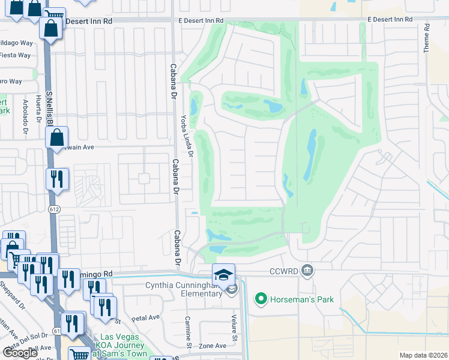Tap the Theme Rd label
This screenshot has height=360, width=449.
click(x=427, y=38)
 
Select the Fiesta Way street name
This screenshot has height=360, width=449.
click(x=16, y=55)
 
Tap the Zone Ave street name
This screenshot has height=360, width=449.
click(x=212, y=346)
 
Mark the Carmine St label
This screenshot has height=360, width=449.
click(x=188, y=332)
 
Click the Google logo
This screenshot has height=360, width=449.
click(x=19, y=352)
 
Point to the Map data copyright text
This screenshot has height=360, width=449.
click(x=423, y=355)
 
